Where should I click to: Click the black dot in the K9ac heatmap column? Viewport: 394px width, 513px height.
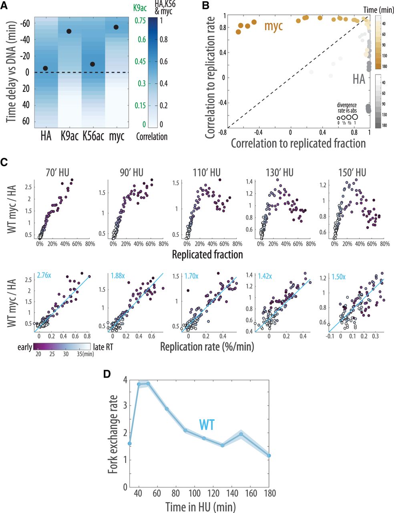pos(69,31)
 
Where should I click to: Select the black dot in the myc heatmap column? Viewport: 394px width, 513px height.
pos(116,27)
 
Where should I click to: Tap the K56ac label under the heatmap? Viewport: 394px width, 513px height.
pos(93,136)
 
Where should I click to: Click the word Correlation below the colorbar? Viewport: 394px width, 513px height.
pos(152,136)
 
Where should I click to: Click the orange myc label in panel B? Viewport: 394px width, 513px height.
pos(274,27)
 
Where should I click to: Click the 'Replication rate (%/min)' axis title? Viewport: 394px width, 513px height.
pos(207,346)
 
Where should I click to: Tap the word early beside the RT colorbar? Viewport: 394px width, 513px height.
pos(24,347)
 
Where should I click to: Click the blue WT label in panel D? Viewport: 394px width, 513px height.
pos(207,424)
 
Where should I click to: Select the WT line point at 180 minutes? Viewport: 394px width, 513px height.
pos(269,455)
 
